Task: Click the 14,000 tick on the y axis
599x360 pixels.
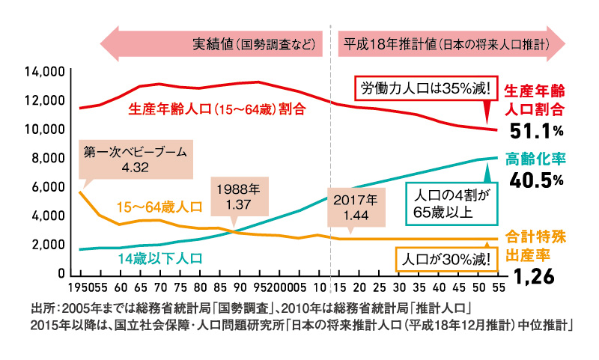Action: (x=46, y=72)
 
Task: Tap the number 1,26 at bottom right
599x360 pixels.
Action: (x=536, y=278)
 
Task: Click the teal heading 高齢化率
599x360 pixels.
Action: (x=535, y=159)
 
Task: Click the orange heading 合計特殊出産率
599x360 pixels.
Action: (x=535, y=246)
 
